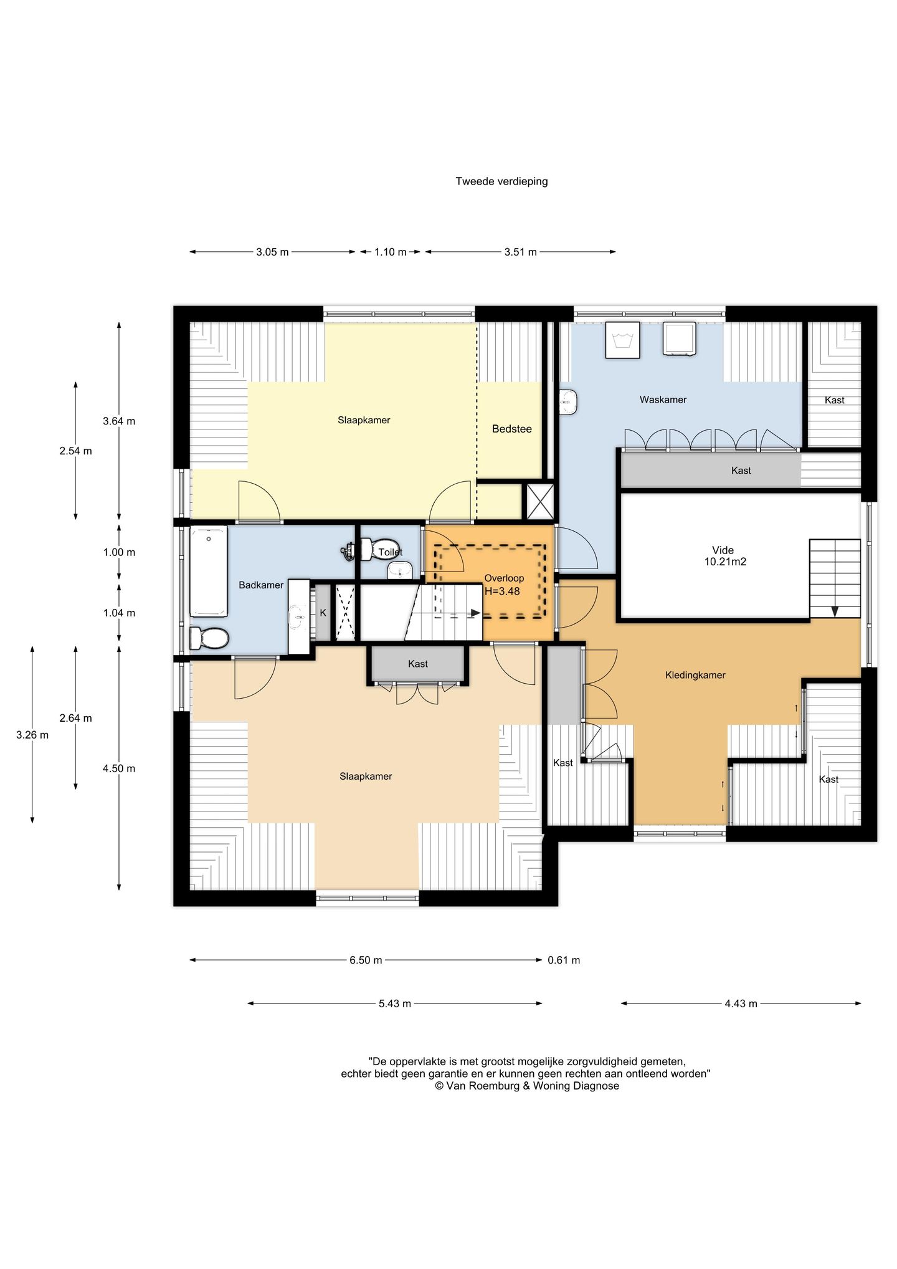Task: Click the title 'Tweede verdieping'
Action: pos(501,181)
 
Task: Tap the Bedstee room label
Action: pos(511,429)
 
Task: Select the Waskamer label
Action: pos(663,400)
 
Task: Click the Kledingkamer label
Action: pos(695,675)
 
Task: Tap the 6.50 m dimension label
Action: pos(366,960)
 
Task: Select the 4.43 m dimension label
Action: pos(741,1003)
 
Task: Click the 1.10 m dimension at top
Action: pos(390,252)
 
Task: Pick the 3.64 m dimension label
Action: pos(119,421)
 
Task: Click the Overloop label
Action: pos(504,578)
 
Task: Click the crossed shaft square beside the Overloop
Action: pos(540,501)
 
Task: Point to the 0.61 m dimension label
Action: pos(564,960)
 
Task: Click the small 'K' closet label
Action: pos(323,613)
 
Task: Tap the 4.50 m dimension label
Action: pos(119,769)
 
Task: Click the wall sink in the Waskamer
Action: pos(569,402)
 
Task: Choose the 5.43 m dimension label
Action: pos(395,1003)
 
